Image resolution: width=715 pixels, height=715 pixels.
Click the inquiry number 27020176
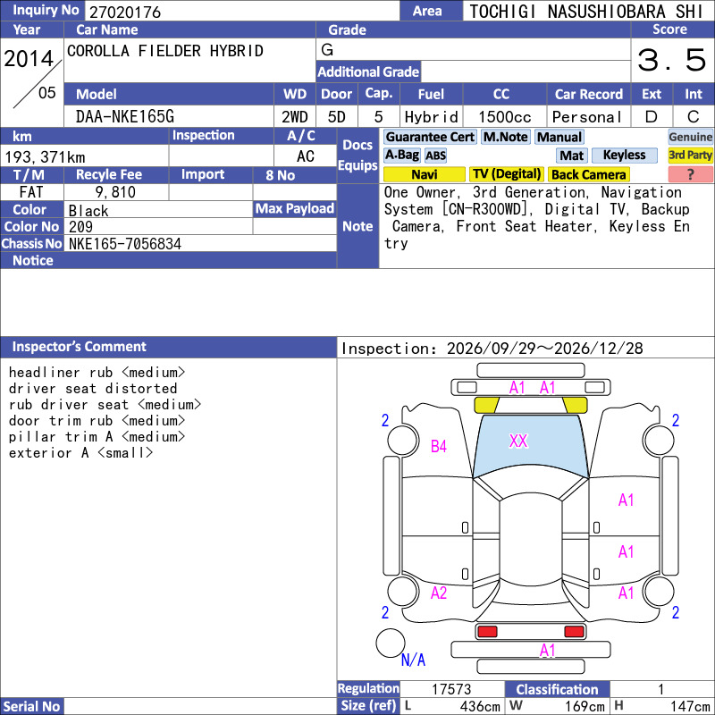pos(125,12)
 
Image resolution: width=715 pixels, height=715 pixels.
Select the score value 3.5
pos(671,60)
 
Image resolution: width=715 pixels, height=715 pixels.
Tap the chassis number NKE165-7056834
pos(125,244)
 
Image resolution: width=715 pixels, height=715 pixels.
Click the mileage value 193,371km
pos(45,157)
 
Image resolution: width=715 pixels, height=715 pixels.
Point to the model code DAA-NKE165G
pos(125,117)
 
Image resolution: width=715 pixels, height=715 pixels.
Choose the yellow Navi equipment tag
pos(424,174)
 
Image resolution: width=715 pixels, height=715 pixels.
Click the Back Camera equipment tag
pos(588,174)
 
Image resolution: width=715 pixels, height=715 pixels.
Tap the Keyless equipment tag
pos(624,155)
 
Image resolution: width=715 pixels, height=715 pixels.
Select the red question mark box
pos(690,174)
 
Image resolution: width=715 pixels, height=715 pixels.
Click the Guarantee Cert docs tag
pos(430,137)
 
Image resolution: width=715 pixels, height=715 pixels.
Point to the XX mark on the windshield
pos(518,441)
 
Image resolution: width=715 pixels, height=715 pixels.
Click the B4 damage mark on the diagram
pos(439,446)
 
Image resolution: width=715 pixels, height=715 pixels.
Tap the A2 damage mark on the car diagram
pos(439,593)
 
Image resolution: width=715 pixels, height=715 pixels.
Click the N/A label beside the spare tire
pos(413,660)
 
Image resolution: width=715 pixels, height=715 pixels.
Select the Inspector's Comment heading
pos(79,347)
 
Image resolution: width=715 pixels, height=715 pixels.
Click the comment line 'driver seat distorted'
pos(93,389)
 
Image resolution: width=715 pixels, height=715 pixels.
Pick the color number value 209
pos(80,227)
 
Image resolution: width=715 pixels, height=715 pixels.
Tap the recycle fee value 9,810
pos(115,192)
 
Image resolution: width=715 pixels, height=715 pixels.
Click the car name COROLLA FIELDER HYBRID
pos(165,51)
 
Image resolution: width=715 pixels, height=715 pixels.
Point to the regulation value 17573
pos(451,689)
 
